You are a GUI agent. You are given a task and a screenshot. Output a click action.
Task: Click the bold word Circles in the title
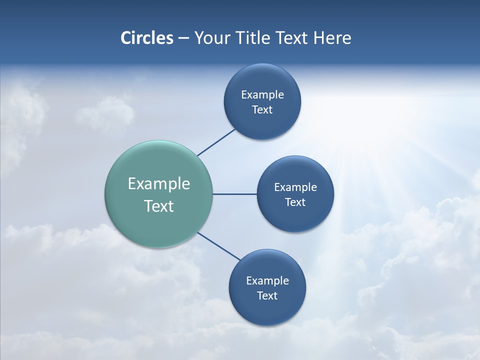pos(146,38)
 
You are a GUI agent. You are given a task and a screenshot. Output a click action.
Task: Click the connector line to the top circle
pos(216,142)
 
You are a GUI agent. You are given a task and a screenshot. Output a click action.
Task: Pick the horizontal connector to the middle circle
pos(234,194)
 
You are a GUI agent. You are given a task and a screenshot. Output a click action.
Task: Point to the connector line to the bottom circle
pos(219,246)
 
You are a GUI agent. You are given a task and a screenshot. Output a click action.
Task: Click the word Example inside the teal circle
pos(159,184)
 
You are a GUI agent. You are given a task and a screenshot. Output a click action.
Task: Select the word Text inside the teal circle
pos(159,206)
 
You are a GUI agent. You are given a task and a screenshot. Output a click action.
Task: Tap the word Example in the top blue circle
pos(262,95)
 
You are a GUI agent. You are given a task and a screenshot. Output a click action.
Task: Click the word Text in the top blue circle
pos(262,110)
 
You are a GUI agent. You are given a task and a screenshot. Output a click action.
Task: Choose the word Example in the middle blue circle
pos(295,187)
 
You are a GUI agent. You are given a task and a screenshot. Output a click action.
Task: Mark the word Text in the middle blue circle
pos(295,202)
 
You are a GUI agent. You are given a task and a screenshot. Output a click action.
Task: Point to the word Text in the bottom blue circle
pos(267,296)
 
